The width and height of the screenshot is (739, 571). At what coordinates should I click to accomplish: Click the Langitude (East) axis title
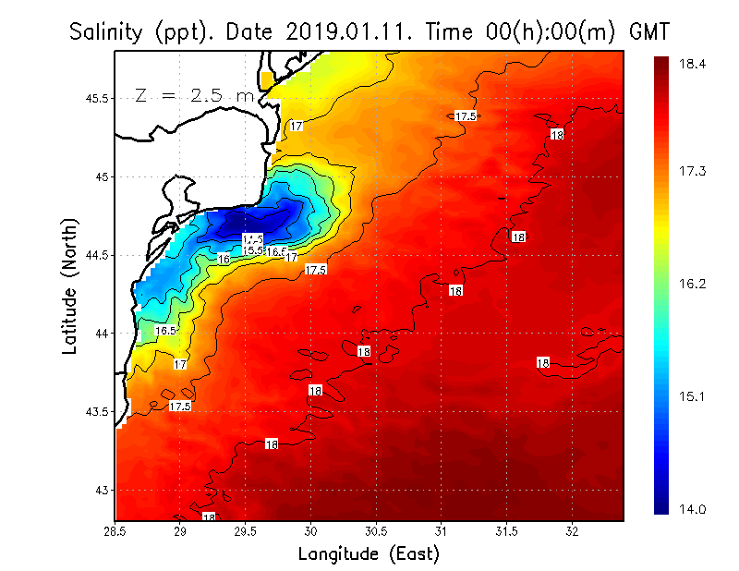click(369, 554)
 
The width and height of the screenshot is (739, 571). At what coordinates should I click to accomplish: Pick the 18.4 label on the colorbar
click(695, 65)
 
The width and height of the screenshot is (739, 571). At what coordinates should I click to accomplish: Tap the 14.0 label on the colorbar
click(695, 509)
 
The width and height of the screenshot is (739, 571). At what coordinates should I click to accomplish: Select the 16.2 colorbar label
click(695, 284)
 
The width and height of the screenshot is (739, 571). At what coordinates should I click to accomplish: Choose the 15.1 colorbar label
click(695, 396)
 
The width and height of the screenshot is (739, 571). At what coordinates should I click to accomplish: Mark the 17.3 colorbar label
click(695, 172)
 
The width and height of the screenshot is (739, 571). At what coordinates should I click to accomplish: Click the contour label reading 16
click(224, 260)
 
